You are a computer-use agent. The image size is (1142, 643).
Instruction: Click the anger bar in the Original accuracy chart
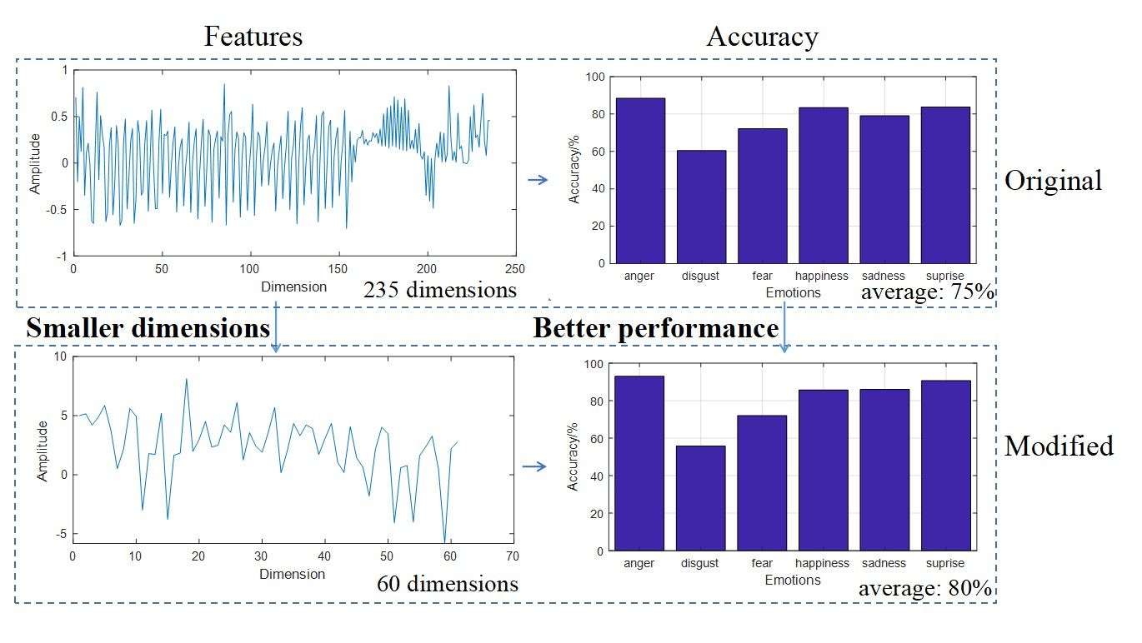640,181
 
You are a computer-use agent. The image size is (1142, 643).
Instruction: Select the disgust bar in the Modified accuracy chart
701,498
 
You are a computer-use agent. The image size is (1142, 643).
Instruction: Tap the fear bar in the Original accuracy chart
762,196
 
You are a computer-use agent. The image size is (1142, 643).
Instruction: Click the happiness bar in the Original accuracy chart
823,185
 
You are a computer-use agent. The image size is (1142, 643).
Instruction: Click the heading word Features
253,37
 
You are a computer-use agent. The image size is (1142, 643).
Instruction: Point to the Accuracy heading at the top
762,37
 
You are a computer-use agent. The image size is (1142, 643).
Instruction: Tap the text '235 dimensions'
440,290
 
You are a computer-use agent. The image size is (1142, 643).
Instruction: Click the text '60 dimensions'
447,583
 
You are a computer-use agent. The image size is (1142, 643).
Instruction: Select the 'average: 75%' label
926,292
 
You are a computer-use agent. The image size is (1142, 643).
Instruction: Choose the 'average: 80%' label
925,589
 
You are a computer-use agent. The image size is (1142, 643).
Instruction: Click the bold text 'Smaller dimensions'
148,328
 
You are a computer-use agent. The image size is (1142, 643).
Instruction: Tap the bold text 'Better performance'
655,328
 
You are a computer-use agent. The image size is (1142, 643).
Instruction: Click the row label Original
1053,180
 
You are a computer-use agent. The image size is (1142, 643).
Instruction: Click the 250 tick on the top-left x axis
515,269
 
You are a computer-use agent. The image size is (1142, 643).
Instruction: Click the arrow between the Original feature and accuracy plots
538,179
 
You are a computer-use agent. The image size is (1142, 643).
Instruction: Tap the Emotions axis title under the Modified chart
793,580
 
